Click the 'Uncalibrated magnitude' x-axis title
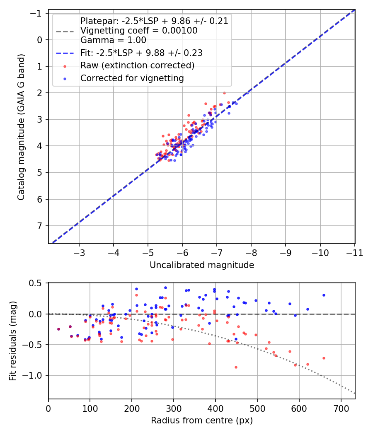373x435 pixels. [202, 265]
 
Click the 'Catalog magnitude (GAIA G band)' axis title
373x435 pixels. [21, 127]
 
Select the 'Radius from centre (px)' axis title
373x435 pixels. [202, 420]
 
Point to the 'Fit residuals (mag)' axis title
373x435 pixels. [13, 341]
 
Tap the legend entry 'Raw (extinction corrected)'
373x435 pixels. [137, 65]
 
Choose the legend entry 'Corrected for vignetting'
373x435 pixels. [132, 78]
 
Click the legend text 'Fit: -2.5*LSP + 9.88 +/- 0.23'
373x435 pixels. [142, 53]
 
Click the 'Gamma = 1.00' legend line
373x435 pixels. [113, 40]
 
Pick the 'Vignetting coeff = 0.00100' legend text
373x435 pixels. [139, 31]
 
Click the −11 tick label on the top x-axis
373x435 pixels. [354, 253]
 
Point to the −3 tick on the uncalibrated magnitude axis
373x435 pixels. [79, 253]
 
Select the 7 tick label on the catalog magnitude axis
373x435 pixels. [40, 226]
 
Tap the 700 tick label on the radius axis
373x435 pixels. [341, 408]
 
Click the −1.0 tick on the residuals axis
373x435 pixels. [33, 376]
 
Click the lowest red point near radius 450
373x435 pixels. [236, 367]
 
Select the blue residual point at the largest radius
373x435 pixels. [324, 295]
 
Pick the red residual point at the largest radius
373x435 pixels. [324, 358]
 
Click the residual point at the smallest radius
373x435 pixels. [58, 329]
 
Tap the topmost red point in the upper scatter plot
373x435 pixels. [224, 93]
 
